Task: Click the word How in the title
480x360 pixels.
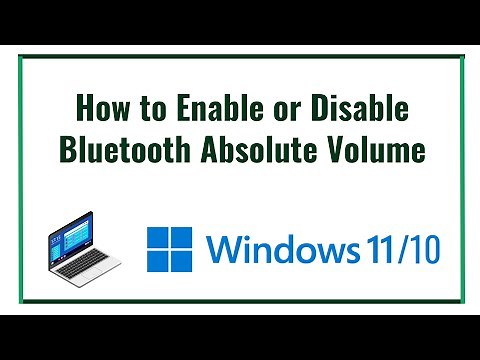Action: (99, 108)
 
